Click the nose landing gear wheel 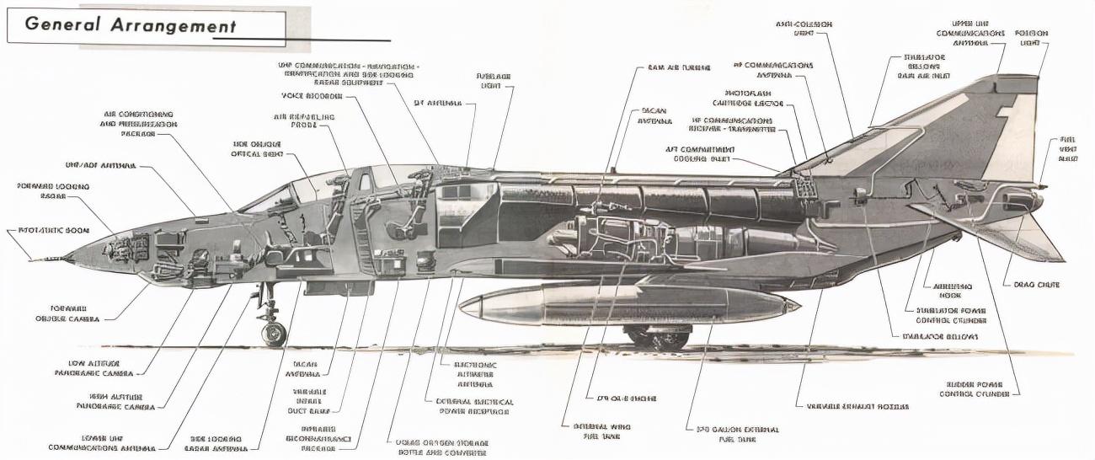pos(274,334)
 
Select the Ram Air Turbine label pos(679,67)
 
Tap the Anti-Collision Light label pos(804,29)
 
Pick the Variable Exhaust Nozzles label pos(857,406)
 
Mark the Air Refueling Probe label pos(303,121)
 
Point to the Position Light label pos(1031,39)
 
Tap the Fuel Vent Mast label pos(1067,149)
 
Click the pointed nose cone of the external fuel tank pos(464,307)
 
